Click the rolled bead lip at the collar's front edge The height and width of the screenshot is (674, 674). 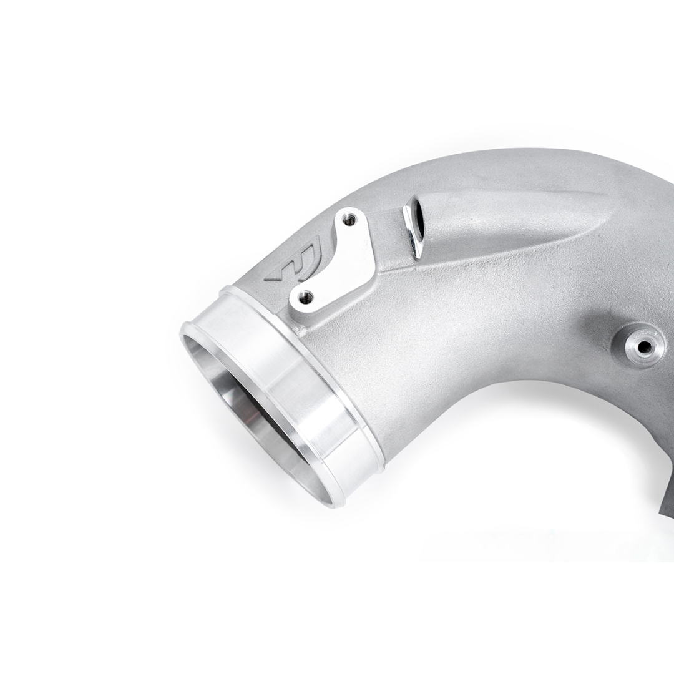pos(187,331)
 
